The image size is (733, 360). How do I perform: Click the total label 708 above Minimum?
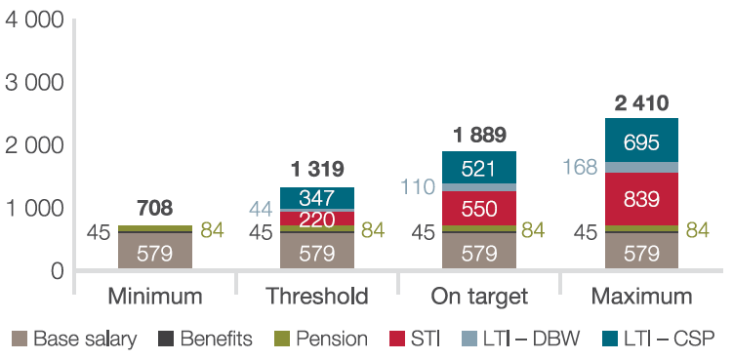(x=155, y=209)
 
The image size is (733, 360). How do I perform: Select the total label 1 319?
(x=317, y=169)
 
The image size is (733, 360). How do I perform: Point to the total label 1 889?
(x=479, y=135)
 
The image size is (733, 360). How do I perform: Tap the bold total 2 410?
(x=641, y=103)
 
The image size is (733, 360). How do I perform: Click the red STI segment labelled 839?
(x=641, y=199)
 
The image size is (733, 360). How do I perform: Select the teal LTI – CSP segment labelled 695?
(x=641, y=140)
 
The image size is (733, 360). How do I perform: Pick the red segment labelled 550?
(x=479, y=208)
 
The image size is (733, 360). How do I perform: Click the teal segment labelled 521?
(x=479, y=167)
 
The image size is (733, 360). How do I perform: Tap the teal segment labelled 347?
(x=317, y=198)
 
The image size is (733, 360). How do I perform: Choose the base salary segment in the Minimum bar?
(x=155, y=251)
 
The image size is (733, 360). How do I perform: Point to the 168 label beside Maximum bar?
(x=580, y=168)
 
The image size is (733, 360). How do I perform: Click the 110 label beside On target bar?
(x=418, y=187)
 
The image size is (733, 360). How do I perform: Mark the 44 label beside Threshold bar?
(x=260, y=210)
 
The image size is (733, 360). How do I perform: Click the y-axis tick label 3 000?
(x=34, y=83)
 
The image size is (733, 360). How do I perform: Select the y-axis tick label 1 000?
(x=34, y=208)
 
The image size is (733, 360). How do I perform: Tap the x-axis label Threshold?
(x=317, y=297)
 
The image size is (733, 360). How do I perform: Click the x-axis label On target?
(x=479, y=297)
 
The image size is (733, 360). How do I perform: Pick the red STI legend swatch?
(x=397, y=339)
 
